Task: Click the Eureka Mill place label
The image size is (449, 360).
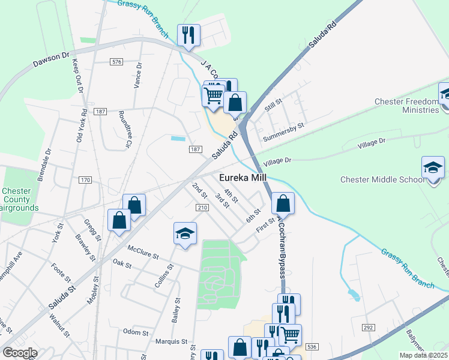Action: tap(243, 178)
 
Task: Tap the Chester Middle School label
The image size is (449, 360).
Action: tap(382, 179)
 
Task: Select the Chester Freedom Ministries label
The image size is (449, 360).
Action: tap(406, 106)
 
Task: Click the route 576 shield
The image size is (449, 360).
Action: tap(116, 62)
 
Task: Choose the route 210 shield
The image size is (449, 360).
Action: tap(202, 207)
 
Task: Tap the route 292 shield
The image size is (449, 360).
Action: tap(368, 327)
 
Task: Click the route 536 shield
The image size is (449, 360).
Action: tap(311, 347)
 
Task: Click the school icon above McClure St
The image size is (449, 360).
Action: tap(185, 233)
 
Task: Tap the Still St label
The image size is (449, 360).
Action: tap(274, 105)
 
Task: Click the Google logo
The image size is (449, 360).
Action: tap(20, 353)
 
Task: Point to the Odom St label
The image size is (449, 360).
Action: tap(135, 332)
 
